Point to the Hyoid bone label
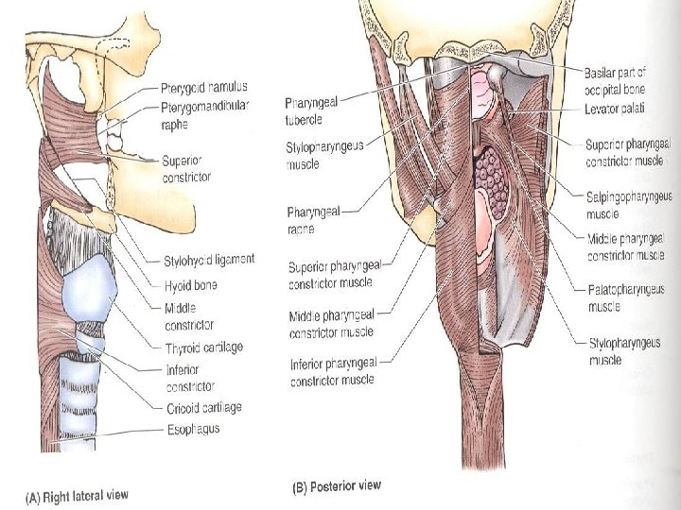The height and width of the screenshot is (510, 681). point(191,282)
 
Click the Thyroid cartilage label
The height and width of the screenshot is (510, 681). point(204,347)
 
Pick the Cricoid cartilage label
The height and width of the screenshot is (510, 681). point(204,407)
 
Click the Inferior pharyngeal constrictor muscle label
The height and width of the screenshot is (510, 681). point(332,371)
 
